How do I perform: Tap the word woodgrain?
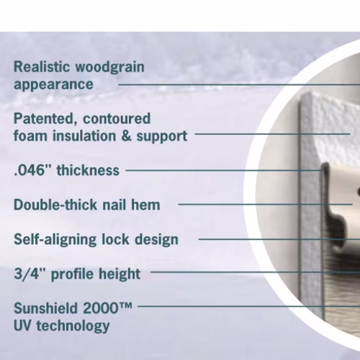[110, 68]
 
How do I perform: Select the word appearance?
[53, 84]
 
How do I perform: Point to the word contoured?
[117, 118]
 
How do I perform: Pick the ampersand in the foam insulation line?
[126, 136]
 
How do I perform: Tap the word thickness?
[88, 170]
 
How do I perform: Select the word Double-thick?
[55, 204]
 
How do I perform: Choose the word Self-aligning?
[55, 240]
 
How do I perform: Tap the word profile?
[73, 274]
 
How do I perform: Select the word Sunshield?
[45, 308]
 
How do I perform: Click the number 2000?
[101, 308]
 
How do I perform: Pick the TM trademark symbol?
[125, 305]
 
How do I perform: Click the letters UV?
[22, 325]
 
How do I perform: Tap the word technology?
[73, 327]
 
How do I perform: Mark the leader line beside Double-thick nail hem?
[265, 204]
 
